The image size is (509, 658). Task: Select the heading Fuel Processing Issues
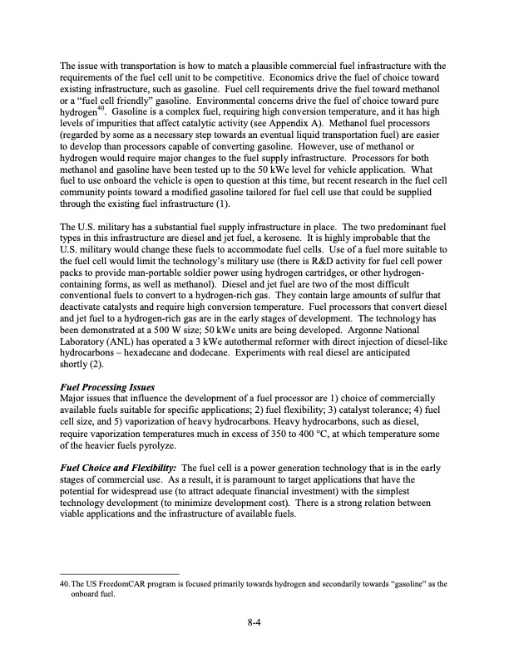click(x=107, y=386)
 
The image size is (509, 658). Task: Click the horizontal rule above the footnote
click(x=121, y=574)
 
